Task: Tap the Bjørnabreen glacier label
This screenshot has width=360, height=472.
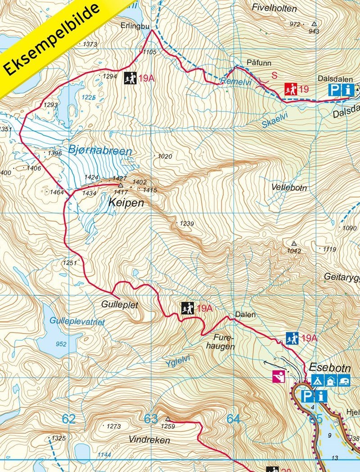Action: tap(100, 150)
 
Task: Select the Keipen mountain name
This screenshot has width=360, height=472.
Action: tap(126, 203)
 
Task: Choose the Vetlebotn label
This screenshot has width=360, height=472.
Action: tap(289, 187)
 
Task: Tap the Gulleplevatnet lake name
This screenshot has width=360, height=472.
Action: tap(77, 322)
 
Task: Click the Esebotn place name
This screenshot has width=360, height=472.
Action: tap(329, 367)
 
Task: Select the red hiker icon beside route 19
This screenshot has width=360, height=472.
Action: tap(290, 89)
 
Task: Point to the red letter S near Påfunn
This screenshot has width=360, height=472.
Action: tap(274, 76)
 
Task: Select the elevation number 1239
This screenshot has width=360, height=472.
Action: tap(187, 223)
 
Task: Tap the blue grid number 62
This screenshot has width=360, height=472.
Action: tap(68, 419)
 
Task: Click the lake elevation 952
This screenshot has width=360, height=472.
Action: tap(61, 344)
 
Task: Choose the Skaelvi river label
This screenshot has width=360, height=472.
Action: tap(273, 118)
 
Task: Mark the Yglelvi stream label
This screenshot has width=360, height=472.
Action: tap(178, 362)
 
